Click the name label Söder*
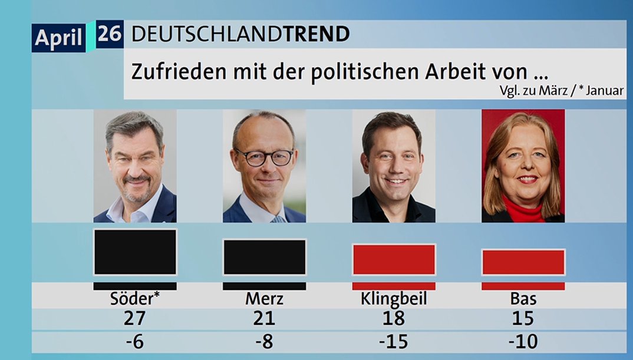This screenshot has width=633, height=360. tap(135, 299)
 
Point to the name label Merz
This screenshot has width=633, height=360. tap(264, 299)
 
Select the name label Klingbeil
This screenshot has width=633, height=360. tap(394, 299)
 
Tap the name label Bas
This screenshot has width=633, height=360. tap(523, 299)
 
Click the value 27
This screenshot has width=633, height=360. tap(135, 319)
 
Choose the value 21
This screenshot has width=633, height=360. tap(264, 319)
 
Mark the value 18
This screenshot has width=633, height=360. tap(394, 319)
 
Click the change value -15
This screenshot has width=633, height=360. tap(394, 341)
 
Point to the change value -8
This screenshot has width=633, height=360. tap(264, 341)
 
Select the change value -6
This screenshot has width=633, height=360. tap(135, 341)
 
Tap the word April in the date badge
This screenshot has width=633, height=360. tap(58, 38)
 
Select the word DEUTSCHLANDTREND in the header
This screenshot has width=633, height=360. tap(240, 34)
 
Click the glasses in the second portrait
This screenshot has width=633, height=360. tap(264, 157)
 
